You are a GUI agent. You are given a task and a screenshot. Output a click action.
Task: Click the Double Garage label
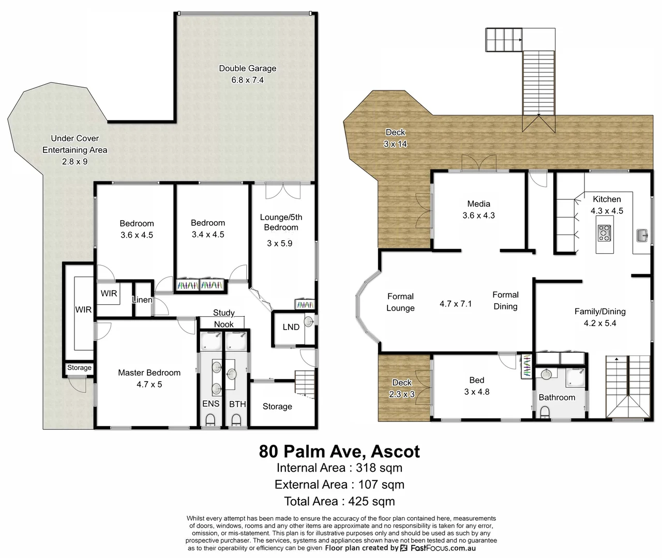247,68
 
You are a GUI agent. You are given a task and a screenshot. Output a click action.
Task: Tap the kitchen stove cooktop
604,233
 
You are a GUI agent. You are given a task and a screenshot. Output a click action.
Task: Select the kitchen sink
642,236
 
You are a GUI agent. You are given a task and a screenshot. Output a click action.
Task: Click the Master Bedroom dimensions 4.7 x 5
149,384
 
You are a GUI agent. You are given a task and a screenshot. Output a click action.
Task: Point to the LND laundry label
291,327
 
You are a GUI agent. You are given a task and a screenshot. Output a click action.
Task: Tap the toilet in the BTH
237,420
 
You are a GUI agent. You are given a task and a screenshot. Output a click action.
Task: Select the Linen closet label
142,300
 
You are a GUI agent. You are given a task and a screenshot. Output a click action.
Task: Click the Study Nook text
224,318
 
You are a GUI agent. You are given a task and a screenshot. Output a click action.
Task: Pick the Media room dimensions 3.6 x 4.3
478,215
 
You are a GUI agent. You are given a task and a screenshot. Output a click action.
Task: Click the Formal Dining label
505,300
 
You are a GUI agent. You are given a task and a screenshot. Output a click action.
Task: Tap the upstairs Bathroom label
556,397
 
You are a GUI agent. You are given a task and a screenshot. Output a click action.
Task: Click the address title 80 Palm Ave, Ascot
339,451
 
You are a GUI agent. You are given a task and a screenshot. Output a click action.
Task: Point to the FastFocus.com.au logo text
443,548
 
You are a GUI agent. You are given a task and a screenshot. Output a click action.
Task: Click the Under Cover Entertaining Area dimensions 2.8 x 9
75,161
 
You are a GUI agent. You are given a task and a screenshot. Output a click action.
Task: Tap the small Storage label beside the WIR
79,368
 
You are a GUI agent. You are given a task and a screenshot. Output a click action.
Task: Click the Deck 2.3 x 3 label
402,388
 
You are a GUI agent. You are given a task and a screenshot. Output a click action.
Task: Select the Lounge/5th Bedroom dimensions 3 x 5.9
280,243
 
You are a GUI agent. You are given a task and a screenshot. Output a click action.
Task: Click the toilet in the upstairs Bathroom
545,411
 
